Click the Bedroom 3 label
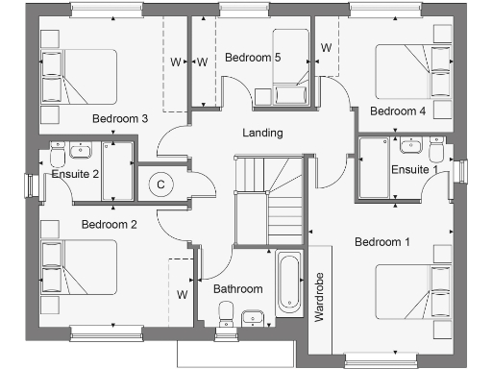pos(119,119)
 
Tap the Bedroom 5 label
pos(252,58)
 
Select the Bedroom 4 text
pos(398,111)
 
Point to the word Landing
pos(262,134)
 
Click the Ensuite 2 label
pos(76,174)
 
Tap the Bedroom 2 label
pos(109,225)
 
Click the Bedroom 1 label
pos(382,242)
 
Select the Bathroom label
pos(237,288)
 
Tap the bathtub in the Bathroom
pos(289,283)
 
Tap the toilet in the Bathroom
pos(227,313)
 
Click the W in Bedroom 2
pos(181,294)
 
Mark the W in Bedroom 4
pos(326,47)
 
